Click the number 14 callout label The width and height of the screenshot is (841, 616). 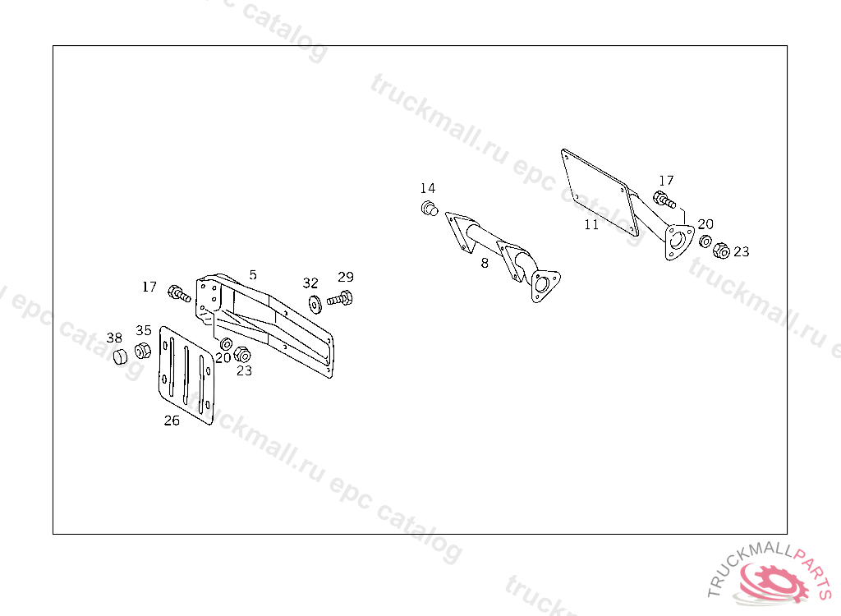pos(428,189)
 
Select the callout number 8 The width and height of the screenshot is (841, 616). pos(485,263)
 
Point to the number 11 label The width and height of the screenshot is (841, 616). pos(591,224)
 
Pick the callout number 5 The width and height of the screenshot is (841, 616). pos(253,275)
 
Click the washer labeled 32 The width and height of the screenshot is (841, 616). pos(315,302)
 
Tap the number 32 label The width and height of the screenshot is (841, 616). pos(310,283)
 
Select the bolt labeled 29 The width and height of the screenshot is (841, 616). pos(340,298)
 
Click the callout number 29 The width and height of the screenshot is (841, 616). pos(345,277)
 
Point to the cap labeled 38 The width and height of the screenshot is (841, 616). pos(120,356)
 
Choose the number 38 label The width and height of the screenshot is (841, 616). pos(114,338)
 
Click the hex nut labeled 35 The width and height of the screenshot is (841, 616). pos(142,351)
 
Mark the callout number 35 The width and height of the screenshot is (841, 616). pos(144,330)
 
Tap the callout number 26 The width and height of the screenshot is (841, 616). pos(171,421)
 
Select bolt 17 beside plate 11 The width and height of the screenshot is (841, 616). pos(664,199)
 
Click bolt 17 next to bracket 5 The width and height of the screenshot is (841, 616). pos(179,293)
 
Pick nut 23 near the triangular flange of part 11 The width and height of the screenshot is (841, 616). pos(722,251)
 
